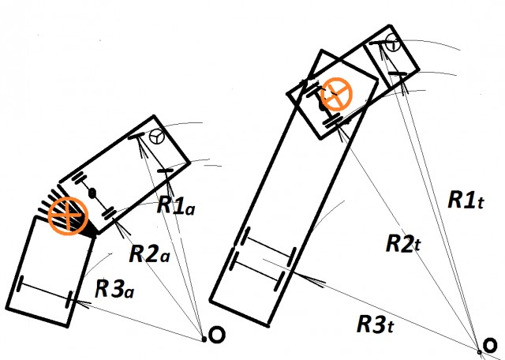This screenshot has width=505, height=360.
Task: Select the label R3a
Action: pos(114,288)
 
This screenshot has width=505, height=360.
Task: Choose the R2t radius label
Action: pos(404,243)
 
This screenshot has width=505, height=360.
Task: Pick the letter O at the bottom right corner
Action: pos(495,347)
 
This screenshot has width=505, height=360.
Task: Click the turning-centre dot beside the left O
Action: pos(204,339)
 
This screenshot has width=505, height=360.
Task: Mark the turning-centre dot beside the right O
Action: pos(479,351)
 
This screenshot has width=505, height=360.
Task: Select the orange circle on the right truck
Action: pos(336,95)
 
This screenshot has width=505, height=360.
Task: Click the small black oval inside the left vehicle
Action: pos(92,193)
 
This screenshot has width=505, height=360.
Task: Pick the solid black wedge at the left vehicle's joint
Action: pos(93,230)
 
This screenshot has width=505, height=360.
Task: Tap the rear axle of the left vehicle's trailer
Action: pos(46,291)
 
